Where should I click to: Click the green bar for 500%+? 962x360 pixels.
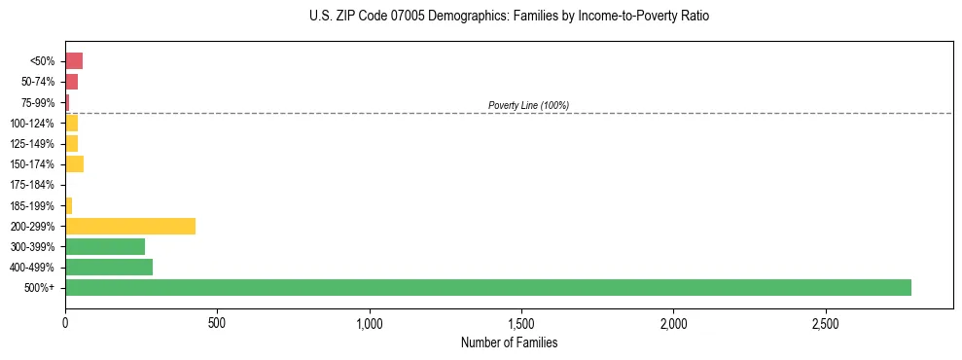487,287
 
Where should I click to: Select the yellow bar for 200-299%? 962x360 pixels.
130,226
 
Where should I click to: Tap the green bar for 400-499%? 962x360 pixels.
109,267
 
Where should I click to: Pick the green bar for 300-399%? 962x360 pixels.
105,246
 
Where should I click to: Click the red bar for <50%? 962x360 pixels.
74,61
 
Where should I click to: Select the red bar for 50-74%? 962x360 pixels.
71,82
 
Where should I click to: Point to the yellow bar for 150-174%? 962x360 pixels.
74,163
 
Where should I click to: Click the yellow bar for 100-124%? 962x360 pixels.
71,123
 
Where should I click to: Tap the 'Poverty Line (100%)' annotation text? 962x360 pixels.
528,105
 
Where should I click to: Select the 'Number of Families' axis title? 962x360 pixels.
509,342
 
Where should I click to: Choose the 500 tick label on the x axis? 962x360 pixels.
217,322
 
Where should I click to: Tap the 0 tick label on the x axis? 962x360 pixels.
65,322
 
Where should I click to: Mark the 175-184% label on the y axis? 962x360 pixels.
32,185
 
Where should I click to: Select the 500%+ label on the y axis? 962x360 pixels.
40,288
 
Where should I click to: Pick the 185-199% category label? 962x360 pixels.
32,205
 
